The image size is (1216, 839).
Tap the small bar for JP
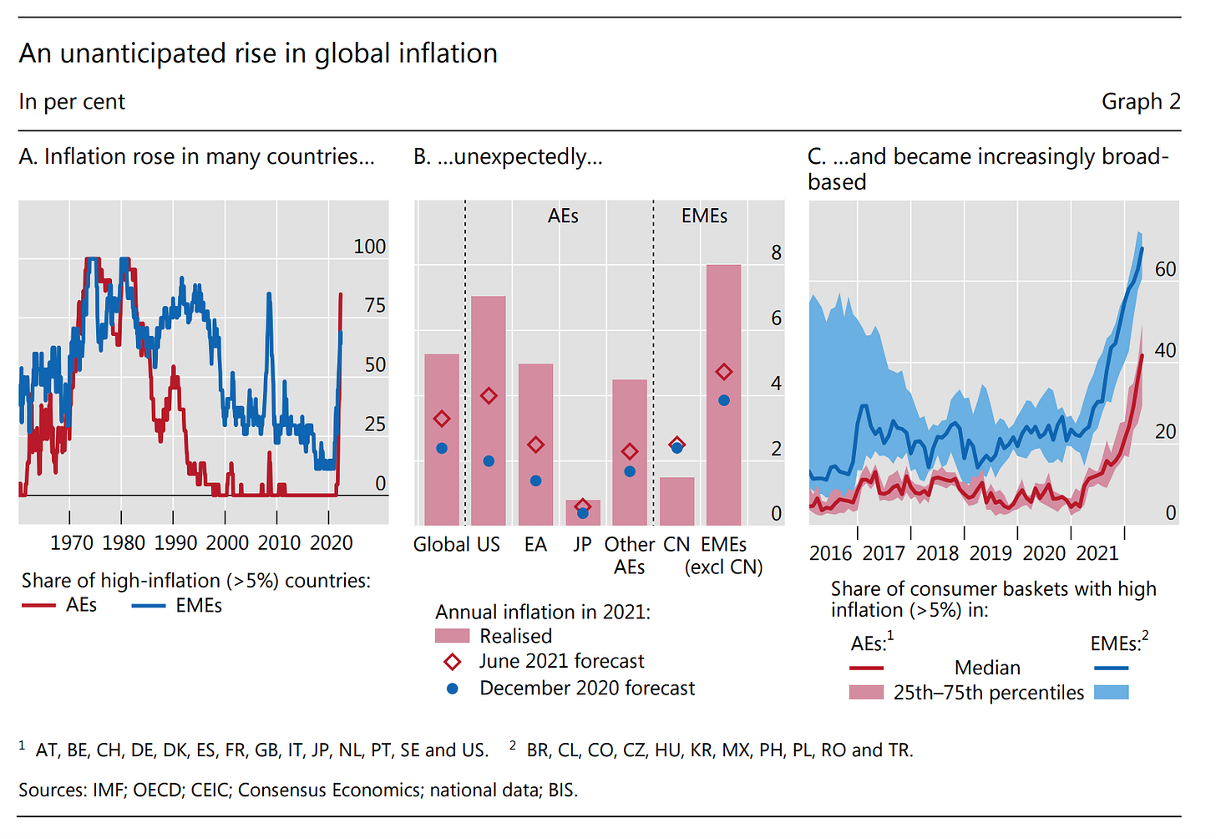582,512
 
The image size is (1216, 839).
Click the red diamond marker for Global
442,419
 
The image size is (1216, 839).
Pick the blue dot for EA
535,481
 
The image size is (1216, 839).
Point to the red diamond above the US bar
489,396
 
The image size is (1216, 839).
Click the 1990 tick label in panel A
175,543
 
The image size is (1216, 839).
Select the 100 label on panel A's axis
369,247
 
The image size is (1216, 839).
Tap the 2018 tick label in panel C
937,553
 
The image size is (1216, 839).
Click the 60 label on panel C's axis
1165,269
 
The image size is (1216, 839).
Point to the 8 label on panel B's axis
776,252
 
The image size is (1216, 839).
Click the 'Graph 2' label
1140,102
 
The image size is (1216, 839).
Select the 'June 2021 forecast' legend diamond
453,662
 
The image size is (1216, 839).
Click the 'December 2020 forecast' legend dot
453,689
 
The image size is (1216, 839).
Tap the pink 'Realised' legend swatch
452,637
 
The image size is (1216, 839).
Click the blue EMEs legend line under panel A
149,605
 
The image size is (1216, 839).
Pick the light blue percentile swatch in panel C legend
1111,693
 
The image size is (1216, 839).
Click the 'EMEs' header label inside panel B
704,216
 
